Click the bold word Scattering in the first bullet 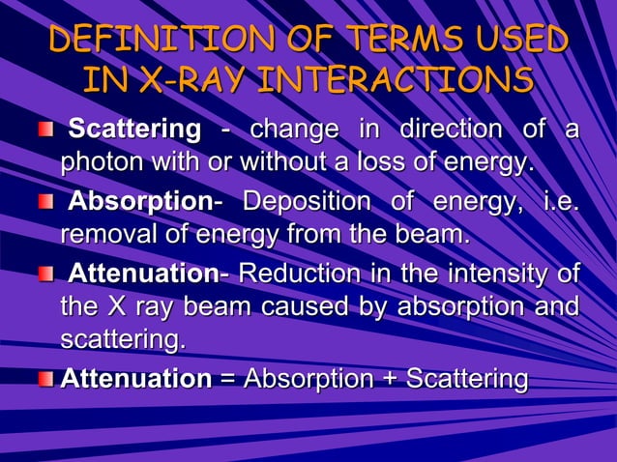click(x=136, y=130)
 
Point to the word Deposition click(x=306, y=203)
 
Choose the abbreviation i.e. click(x=552, y=203)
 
